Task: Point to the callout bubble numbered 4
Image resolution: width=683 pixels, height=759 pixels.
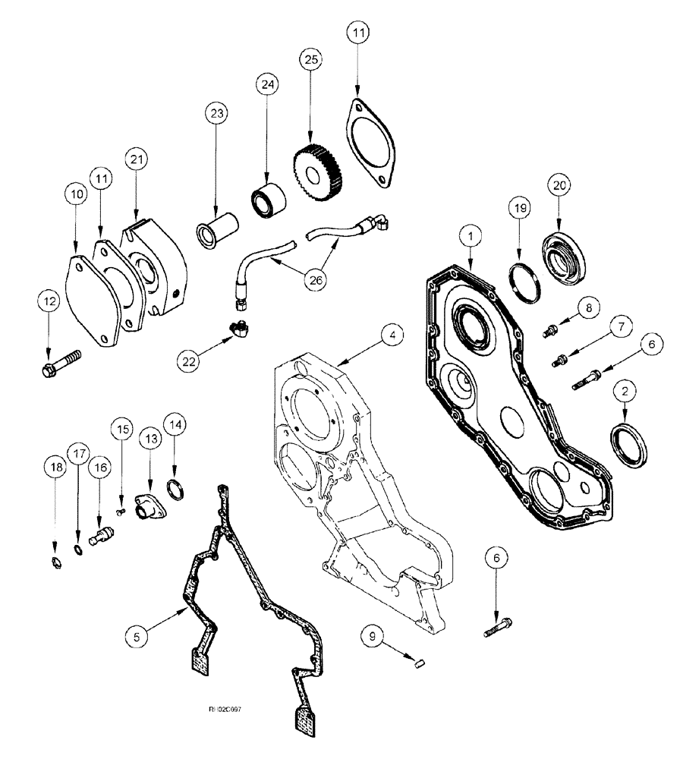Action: click(392, 335)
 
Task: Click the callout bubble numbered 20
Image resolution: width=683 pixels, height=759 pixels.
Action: click(558, 186)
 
